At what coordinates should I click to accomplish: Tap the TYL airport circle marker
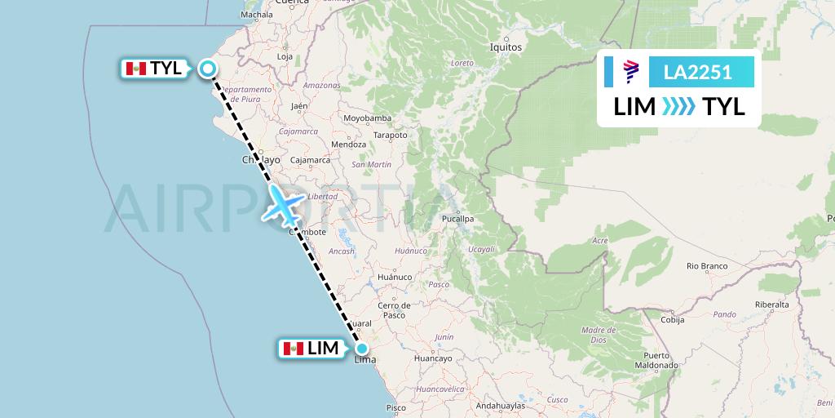tap(208, 69)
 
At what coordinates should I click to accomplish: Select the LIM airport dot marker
tap(361, 349)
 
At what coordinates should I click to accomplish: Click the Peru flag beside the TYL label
tap(135, 69)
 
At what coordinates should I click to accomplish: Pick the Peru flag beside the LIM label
tap(294, 349)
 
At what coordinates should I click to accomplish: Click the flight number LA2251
tap(697, 73)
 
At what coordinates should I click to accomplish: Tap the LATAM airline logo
tap(630, 73)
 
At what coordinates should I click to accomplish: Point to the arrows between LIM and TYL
tap(679, 107)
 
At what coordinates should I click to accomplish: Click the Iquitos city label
tap(506, 47)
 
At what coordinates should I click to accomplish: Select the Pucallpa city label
tap(457, 219)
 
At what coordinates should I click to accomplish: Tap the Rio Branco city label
tap(706, 266)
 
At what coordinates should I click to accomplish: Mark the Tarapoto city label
tap(390, 136)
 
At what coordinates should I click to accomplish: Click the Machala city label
tap(257, 15)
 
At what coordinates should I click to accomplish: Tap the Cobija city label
tap(672, 320)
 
